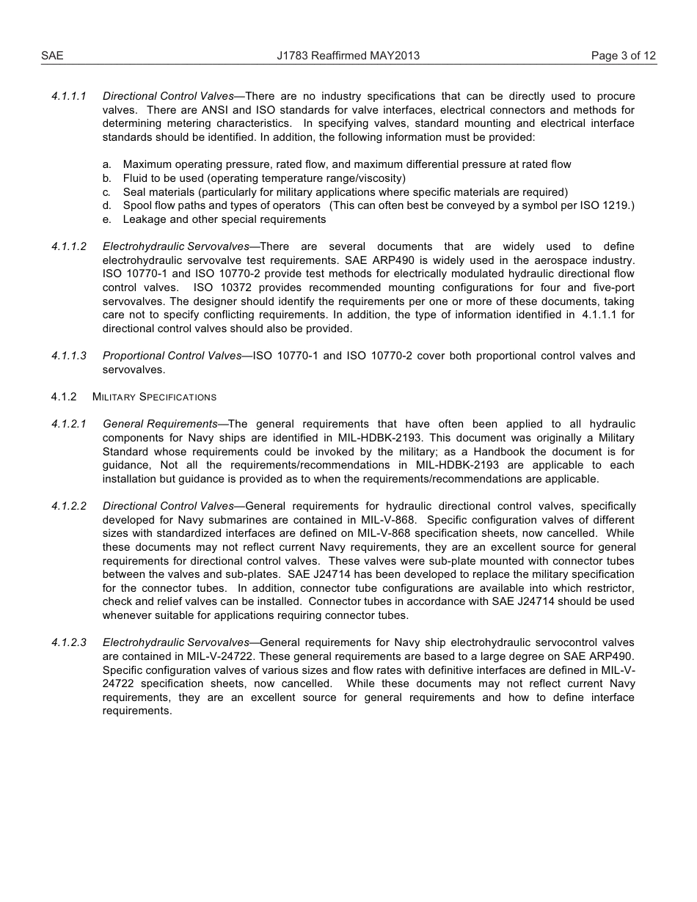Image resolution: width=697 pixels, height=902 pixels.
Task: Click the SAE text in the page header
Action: [52, 56]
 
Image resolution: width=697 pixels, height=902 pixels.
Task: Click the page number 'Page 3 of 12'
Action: [623, 56]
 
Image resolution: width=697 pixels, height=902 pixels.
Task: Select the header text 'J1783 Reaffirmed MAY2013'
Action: [348, 56]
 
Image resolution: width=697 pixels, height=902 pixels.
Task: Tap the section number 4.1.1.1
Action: [69, 96]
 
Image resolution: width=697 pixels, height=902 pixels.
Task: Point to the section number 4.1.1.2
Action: [69, 246]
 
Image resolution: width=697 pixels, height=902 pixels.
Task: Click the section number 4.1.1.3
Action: [69, 356]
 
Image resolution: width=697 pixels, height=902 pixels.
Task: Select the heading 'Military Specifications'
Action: [154, 397]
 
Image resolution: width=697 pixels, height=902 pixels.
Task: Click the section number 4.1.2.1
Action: [69, 424]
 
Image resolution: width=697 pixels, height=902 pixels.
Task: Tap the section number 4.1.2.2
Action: [69, 506]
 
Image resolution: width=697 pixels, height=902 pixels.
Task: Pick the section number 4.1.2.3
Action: [69, 642]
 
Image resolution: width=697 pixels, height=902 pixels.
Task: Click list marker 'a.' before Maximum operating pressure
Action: [107, 165]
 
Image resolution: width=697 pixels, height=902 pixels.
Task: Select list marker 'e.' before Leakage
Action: [107, 219]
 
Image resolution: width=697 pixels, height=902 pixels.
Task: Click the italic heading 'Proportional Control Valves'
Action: [172, 356]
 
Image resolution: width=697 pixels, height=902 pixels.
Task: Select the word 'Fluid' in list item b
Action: [136, 178]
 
